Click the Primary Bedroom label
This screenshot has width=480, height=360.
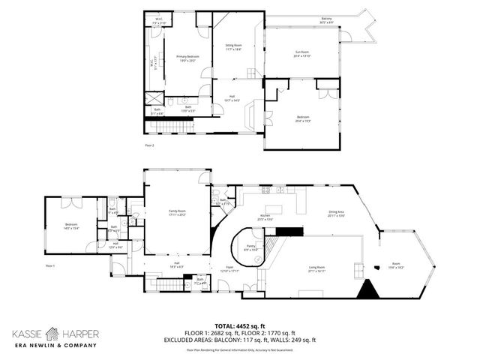click(187, 58)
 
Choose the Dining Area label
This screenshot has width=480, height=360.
click(335, 214)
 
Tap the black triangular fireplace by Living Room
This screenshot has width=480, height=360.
click(367, 290)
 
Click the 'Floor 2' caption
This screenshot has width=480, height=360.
click(149, 145)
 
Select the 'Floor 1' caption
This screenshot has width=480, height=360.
click(51, 265)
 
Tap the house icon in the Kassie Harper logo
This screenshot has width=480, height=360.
click(51, 331)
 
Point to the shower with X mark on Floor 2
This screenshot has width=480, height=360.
click(153, 97)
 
